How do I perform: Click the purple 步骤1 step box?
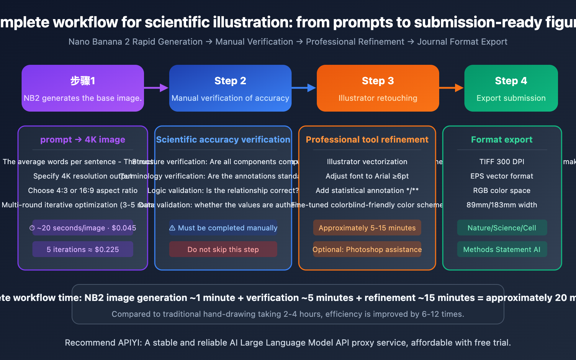[x=83, y=88]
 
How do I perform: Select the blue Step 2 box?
[x=230, y=88]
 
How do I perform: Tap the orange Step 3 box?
[x=378, y=88]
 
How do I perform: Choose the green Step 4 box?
[x=511, y=88]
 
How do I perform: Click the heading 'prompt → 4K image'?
[x=83, y=140]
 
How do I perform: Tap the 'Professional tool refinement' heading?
[x=367, y=140]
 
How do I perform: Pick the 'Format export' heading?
[x=502, y=140]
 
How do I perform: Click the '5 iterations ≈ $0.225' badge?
[x=83, y=249]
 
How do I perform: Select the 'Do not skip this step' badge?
[x=223, y=249]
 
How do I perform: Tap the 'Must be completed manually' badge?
[x=223, y=228]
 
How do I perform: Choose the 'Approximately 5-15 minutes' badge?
[x=367, y=228]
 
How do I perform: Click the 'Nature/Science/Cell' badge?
[x=502, y=228]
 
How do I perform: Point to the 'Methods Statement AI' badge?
[x=502, y=249]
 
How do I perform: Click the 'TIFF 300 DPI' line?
[x=502, y=162]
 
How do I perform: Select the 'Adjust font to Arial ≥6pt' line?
[x=367, y=176]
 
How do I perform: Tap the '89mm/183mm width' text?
[x=502, y=205]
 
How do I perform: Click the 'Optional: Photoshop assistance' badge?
[x=367, y=249]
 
